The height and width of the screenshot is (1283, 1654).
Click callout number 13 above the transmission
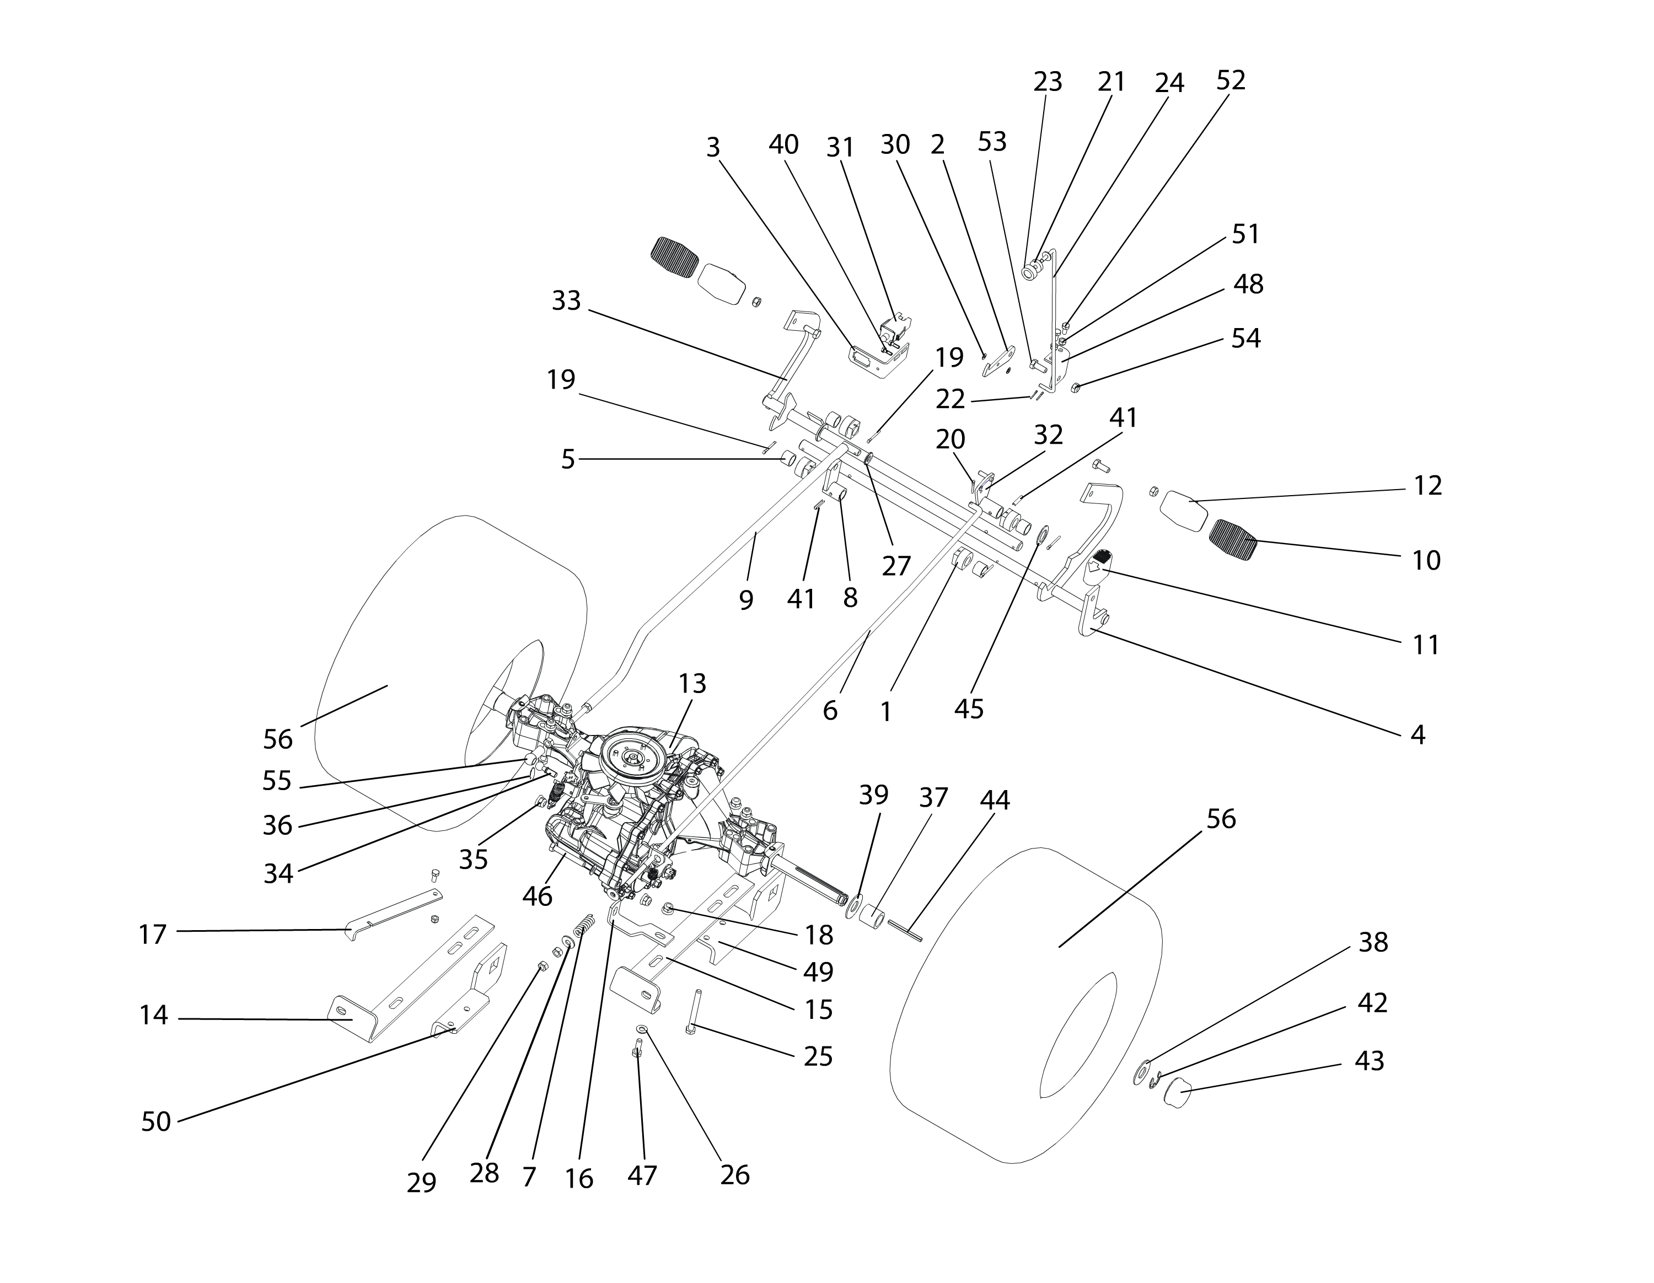[x=692, y=684]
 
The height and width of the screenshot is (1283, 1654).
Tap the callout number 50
[x=156, y=1121]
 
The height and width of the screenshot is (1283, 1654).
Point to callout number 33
[x=566, y=300]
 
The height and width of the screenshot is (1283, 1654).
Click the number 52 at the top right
[x=1231, y=81]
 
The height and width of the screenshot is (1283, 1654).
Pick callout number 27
[x=896, y=566]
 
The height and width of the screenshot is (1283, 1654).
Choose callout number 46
[x=537, y=897]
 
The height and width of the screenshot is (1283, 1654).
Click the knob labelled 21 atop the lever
[x=1032, y=270]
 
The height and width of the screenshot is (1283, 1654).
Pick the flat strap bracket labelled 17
[x=394, y=914]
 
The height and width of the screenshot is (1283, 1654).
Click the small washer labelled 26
[x=641, y=1028]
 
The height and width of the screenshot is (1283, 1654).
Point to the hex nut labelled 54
[x=1076, y=389]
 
